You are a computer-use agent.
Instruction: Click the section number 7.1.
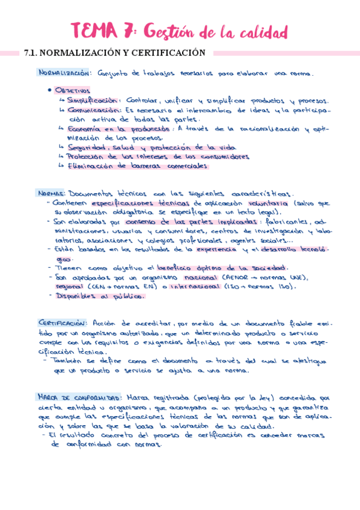31,53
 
